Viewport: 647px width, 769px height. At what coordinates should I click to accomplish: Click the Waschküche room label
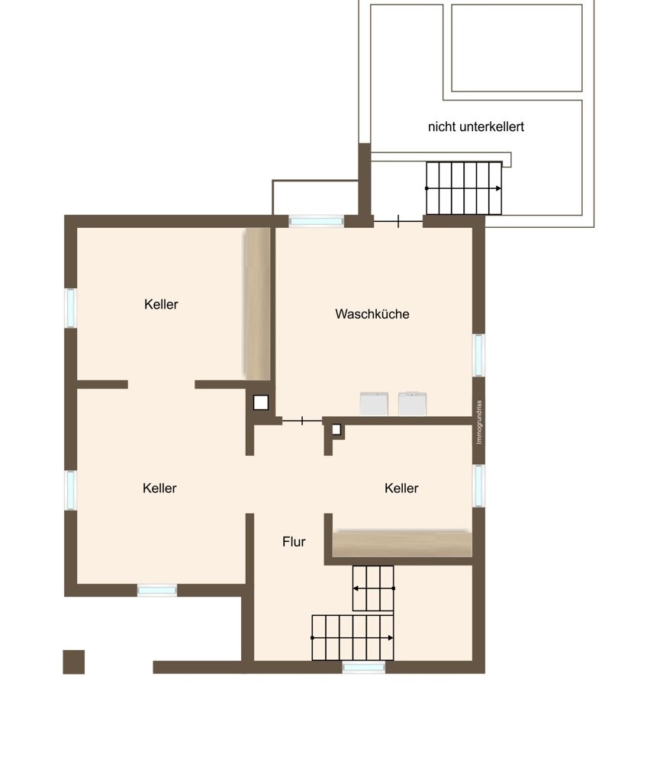coord(372,314)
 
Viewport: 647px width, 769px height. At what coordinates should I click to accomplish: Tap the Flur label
coord(294,541)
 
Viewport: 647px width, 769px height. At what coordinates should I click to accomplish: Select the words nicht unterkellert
coord(475,127)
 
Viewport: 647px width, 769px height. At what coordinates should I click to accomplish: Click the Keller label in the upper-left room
coord(161,304)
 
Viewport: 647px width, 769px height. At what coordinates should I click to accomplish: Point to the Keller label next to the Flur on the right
coord(401,488)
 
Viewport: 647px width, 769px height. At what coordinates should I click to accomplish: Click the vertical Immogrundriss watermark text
coord(479,422)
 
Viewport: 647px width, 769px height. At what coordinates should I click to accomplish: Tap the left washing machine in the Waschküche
coord(374,404)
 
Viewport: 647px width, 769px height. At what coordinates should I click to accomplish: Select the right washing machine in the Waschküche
coord(412,404)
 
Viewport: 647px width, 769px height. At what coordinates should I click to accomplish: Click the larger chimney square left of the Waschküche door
coord(261,402)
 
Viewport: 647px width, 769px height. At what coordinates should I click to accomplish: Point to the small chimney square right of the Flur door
coord(336,430)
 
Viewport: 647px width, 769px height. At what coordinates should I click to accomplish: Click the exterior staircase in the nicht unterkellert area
coord(464,188)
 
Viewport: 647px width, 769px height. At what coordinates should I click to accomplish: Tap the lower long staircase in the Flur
coord(352,638)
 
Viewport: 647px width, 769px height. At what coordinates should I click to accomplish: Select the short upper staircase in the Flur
coord(373,588)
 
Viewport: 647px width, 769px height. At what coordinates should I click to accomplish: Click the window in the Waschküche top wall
coord(316,221)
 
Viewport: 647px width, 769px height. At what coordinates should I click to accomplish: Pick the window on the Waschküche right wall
coord(478,355)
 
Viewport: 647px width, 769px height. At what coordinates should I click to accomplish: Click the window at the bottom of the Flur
coord(364,667)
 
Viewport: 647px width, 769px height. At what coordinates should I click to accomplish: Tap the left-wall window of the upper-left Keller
coord(71,307)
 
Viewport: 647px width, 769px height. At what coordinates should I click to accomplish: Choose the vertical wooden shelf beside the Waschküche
coord(258,303)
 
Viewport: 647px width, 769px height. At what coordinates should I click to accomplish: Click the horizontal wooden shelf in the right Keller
coord(402,544)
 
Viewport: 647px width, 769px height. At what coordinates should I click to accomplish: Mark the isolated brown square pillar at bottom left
coord(74,662)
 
